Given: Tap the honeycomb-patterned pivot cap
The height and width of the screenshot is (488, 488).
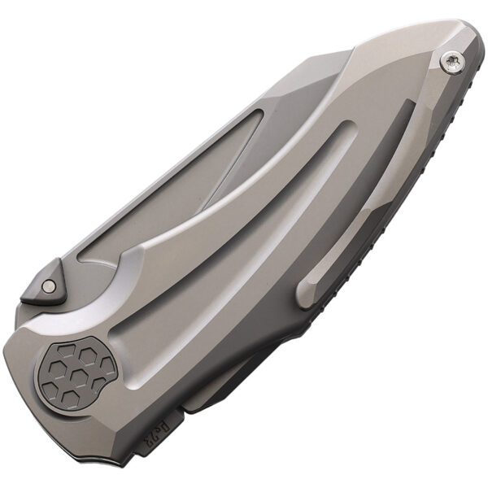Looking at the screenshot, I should [x=79, y=373].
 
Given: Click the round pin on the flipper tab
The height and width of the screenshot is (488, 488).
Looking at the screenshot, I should [x=49, y=285].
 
